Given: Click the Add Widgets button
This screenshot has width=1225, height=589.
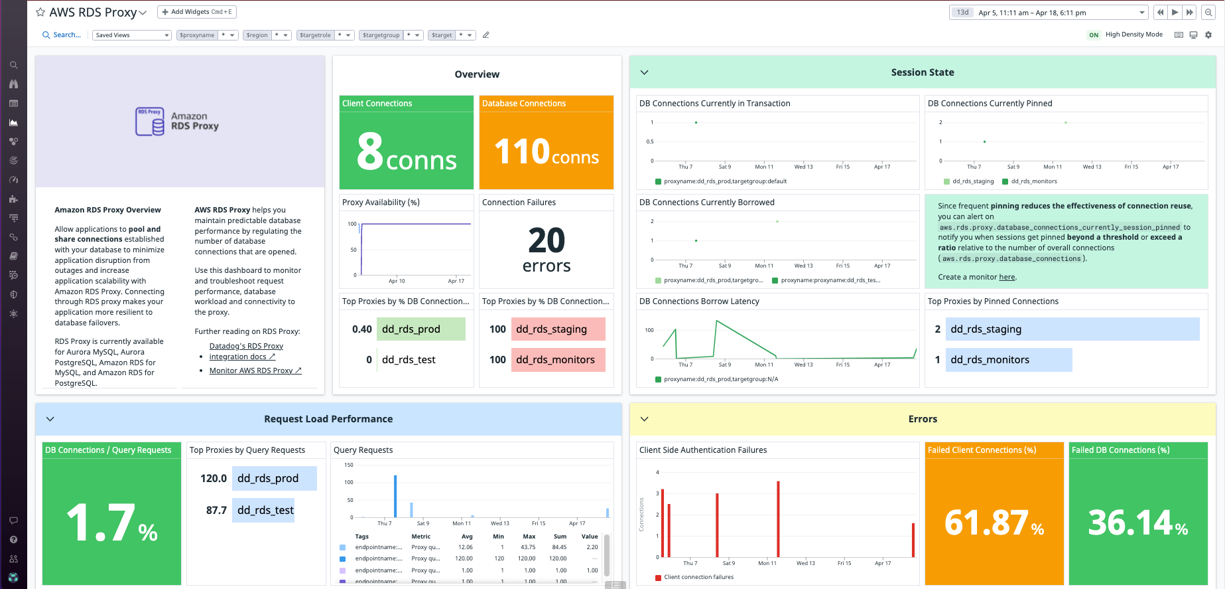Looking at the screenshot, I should pyautogui.click(x=197, y=12).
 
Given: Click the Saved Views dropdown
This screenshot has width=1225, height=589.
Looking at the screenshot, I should pyautogui.click(x=131, y=35).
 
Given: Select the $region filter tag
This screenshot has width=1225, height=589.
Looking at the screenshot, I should pyautogui.click(x=257, y=35).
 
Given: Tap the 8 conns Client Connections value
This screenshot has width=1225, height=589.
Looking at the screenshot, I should pyautogui.click(x=407, y=152).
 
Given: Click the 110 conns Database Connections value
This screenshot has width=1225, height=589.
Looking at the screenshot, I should pyautogui.click(x=547, y=152).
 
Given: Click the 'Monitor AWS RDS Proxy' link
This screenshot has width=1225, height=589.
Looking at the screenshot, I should pyautogui.click(x=255, y=371).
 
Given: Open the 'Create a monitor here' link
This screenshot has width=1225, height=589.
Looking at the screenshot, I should pyautogui.click(x=1007, y=277).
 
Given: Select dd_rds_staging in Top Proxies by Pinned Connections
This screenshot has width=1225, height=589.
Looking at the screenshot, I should pyautogui.click(x=986, y=329).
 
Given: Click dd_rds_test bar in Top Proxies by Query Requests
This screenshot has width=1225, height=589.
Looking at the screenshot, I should pyautogui.click(x=265, y=510).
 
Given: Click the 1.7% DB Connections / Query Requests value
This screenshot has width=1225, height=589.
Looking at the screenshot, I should pyautogui.click(x=111, y=523).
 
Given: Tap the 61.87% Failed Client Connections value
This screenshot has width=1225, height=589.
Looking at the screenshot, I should pyautogui.click(x=994, y=523).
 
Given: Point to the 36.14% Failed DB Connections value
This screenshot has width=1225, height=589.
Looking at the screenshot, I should pyautogui.click(x=1137, y=523).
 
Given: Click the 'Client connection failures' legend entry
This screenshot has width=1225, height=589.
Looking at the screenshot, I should pyautogui.click(x=698, y=577).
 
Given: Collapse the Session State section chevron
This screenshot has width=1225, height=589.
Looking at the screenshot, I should pyautogui.click(x=644, y=72).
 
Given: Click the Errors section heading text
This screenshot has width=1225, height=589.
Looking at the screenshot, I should pyautogui.click(x=923, y=419).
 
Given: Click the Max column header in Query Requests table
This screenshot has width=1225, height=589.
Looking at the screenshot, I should pyautogui.click(x=529, y=537).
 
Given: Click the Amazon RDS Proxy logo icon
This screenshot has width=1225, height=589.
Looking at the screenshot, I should pyautogui.click(x=150, y=122).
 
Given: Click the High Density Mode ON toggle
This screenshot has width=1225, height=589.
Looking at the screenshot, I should pyautogui.click(x=1094, y=35).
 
